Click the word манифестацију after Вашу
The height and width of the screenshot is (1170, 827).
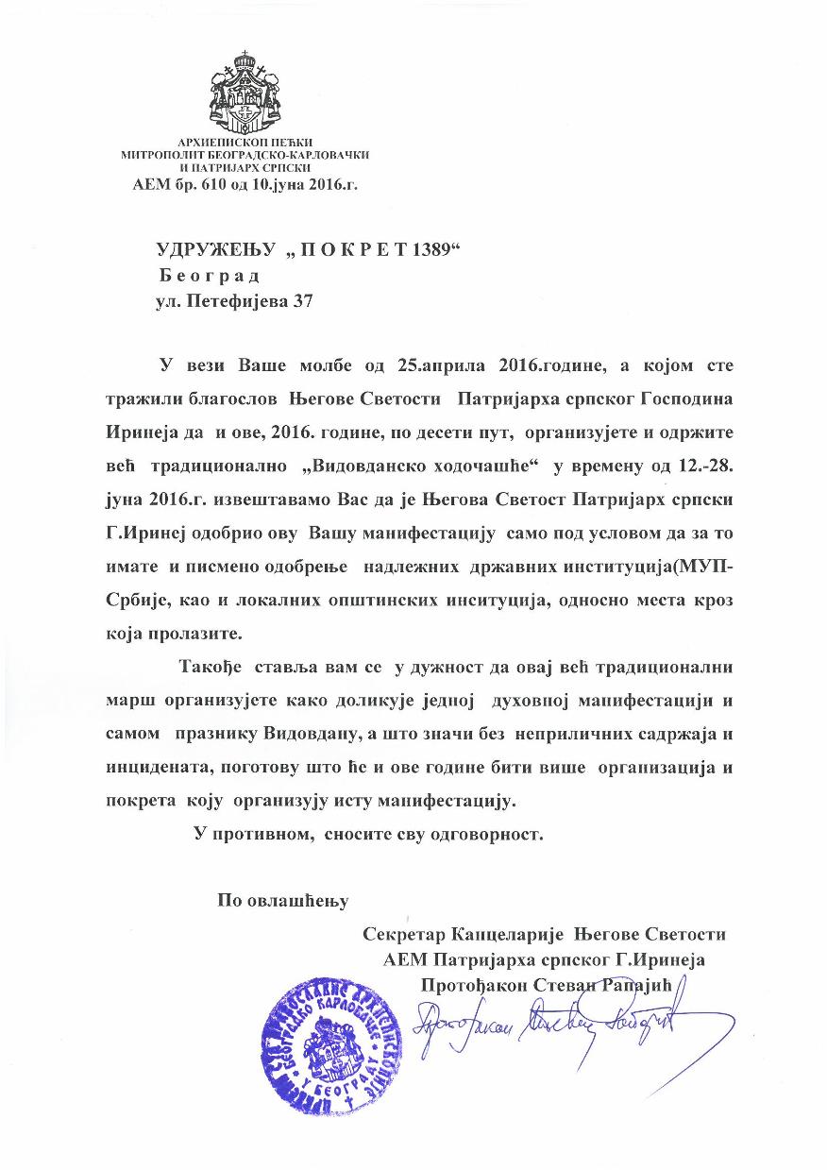click(435, 535)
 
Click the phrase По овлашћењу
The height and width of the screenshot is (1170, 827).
click(284, 900)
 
